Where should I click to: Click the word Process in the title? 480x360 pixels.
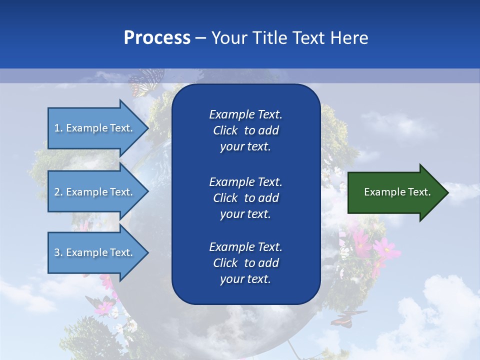coord(157,38)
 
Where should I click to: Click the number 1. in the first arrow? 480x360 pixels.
coord(58,128)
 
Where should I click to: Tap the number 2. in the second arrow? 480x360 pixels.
coord(58,192)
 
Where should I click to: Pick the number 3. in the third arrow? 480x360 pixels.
coord(58,252)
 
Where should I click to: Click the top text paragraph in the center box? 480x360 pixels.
coord(245,130)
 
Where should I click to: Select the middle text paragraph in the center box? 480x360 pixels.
coord(245,198)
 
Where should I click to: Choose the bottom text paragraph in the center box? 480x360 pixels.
coord(245,263)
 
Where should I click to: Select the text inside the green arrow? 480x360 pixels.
coord(397,192)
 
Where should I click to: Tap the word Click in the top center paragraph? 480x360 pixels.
coord(225,130)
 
